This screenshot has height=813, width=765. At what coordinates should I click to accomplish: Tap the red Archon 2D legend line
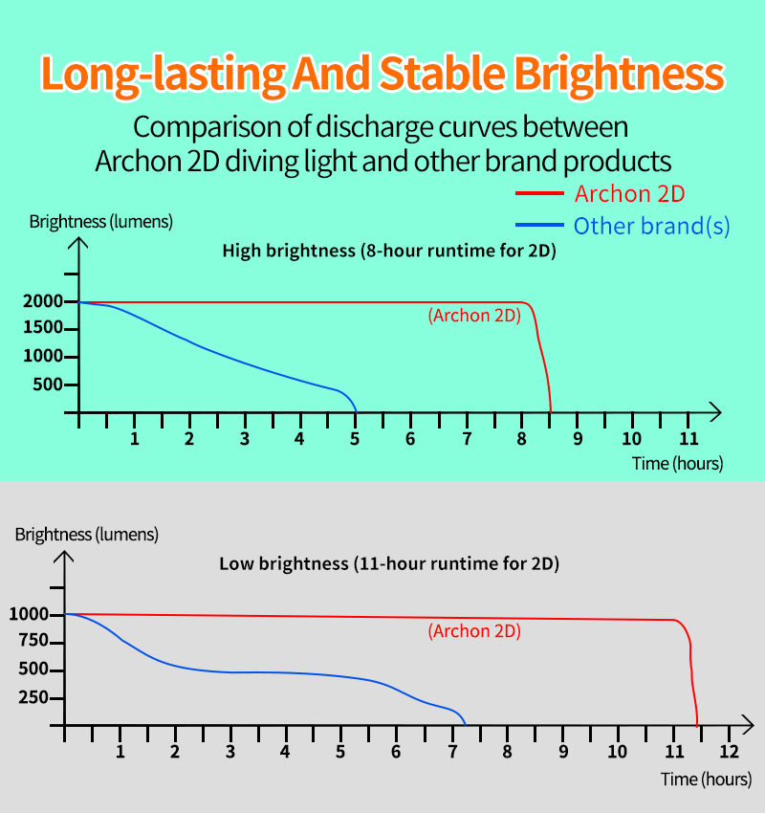tap(539, 193)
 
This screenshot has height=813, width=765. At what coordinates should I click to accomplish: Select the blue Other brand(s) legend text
tap(651, 226)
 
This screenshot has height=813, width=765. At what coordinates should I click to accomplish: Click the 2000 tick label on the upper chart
tap(42, 301)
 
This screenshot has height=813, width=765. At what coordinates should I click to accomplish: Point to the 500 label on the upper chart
tap(48, 385)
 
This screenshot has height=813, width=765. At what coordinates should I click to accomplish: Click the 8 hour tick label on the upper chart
tap(521, 439)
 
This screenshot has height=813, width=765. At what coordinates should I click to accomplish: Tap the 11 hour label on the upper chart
tap(688, 439)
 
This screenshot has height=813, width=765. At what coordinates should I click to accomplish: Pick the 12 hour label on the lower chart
tap(729, 751)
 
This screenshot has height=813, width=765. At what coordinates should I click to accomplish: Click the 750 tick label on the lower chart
tap(33, 640)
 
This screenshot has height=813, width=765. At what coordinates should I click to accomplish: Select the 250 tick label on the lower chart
tap(33, 697)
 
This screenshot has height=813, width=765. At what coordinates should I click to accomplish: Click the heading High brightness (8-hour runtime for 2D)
tap(389, 251)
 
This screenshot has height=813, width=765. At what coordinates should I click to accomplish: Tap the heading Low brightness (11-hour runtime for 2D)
tap(389, 563)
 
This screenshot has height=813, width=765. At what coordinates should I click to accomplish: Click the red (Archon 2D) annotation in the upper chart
tap(474, 316)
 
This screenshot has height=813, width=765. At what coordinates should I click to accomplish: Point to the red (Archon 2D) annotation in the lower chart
tap(474, 631)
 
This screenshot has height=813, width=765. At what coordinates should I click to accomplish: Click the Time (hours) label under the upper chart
tap(677, 464)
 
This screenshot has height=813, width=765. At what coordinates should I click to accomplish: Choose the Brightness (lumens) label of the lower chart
tap(87, 535)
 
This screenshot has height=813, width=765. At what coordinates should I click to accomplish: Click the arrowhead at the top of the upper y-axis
tap(78, 238)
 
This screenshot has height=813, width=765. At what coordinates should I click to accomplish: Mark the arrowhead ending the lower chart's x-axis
tap(752, 725)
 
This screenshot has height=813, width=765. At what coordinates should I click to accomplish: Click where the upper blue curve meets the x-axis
tap(357, 413)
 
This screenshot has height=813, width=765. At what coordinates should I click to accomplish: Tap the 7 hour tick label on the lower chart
tap(452, 751)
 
